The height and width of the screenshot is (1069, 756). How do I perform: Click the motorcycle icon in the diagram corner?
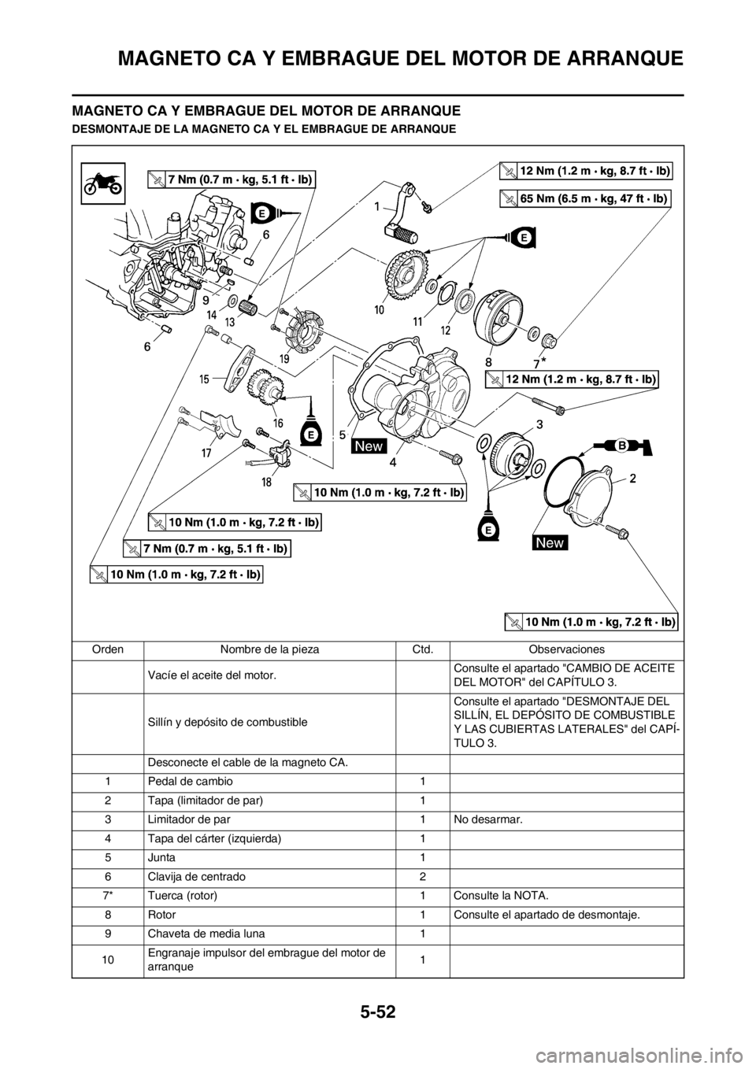click(x=102, y=183)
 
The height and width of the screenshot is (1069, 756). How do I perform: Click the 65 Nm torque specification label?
click(x=585, y=198)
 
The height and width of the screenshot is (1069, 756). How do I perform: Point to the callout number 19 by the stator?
click(x=284, y=358)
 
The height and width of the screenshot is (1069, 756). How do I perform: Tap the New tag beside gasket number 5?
click(x=369, y=446)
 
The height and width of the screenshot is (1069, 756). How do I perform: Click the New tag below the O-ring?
click(x=550, y=542)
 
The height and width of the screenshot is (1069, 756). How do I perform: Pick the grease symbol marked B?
click(x=624, y=446)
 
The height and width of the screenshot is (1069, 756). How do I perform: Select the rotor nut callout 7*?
click(x=539, y=364)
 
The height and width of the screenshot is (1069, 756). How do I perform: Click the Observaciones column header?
click(x=566, y=649)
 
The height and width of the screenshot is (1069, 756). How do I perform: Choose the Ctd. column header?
click(x=422, y=649)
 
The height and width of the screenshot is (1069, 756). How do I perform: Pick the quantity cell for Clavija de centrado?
click(x=422, y=877)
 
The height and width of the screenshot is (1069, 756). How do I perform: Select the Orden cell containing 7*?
click(x=108, y=896)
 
